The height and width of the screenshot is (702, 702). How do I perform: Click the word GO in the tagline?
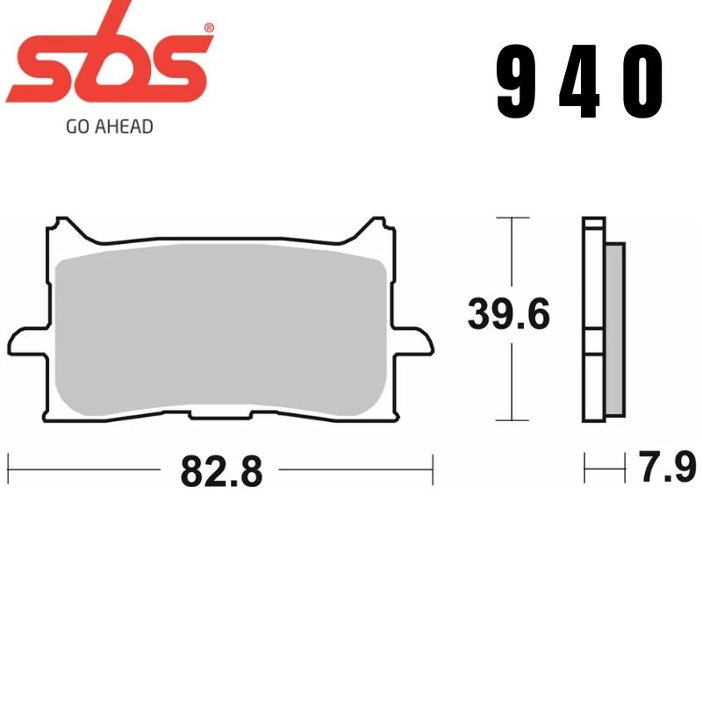point(77,126)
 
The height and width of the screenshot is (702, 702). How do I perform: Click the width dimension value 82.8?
point(221,472)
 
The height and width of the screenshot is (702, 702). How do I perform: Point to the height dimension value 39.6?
point(508,315)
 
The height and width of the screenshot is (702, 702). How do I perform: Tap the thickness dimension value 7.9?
point(666,468)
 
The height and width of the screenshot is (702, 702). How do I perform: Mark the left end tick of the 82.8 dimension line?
point(8,469)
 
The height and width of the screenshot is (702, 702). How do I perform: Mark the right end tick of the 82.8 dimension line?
point(432,469)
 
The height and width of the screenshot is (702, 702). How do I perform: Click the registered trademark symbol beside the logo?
point(207,29)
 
